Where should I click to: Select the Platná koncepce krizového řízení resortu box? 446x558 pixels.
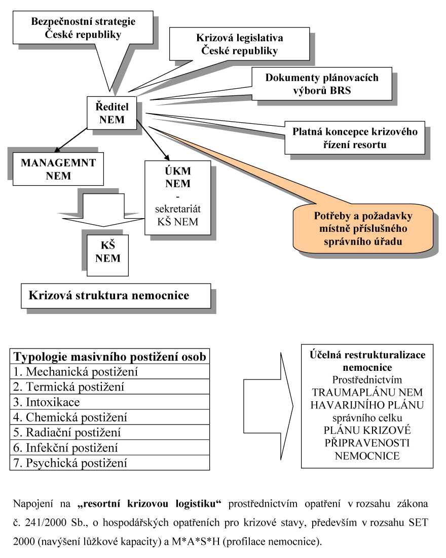coord(355,137)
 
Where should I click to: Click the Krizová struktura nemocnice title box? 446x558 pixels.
coord(116,295)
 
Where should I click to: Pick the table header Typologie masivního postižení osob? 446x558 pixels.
coord(110,357)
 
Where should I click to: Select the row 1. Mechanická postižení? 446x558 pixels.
coord(110,372)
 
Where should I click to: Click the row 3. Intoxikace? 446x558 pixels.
coord(110,402)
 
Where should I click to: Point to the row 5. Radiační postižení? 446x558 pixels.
coord(110,433)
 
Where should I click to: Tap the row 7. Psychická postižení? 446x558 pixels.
coord(110,463)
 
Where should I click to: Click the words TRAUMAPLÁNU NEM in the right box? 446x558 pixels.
coord(367,393)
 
